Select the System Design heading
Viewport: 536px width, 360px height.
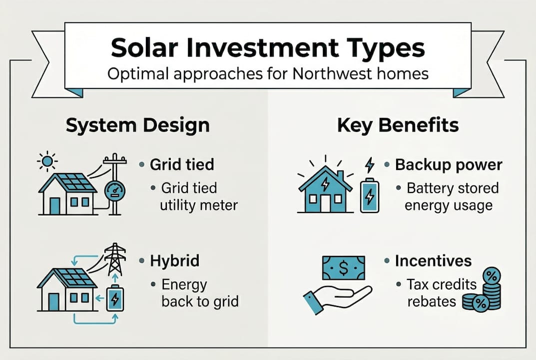click(137, 125)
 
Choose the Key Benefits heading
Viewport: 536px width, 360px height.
click(398, 125)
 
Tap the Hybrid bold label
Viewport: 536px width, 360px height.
click(175, 260)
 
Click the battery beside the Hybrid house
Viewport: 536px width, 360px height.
click(115, 298)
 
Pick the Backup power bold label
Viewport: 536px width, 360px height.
click(449, 165)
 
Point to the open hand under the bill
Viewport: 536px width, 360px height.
click(335, 296)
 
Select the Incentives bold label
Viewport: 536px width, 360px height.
click(433, 260)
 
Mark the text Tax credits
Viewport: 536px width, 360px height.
click(442, 284)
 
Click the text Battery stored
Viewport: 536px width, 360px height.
click(453, 188)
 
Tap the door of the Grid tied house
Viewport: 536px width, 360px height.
click(54, 205)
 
